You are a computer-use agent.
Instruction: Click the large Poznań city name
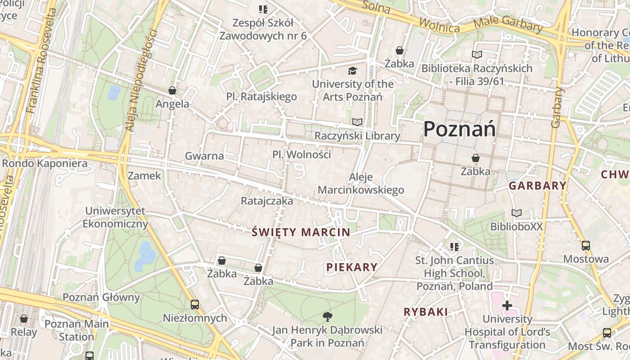point(459,130)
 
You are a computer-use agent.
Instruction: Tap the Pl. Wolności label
point(301,154)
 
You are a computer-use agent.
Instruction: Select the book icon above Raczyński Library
point(357,122)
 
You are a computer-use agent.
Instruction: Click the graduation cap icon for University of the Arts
point(352,71)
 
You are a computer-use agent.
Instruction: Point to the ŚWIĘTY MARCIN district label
point(301,232)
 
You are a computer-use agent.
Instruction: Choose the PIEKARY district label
point(352,267)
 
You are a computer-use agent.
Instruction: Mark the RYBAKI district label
point(426,312)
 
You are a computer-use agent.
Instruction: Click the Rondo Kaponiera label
point(45,163)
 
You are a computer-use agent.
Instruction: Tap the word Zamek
point(144,175)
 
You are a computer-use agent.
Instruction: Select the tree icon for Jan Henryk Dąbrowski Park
point(327,317)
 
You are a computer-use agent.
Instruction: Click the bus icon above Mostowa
point(585,246)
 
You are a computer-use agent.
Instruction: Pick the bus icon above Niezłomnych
point(194,305)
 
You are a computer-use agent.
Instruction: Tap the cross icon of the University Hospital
point(507,306)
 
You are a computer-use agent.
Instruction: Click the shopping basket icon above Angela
point(172,91)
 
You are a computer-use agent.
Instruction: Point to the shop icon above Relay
point(24,319)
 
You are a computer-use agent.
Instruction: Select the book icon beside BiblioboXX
point(516,213)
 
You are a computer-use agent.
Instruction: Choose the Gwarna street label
point(204,156)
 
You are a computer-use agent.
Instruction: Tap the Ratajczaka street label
point(267,201)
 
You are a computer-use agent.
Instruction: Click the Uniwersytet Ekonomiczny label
point(115,217)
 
